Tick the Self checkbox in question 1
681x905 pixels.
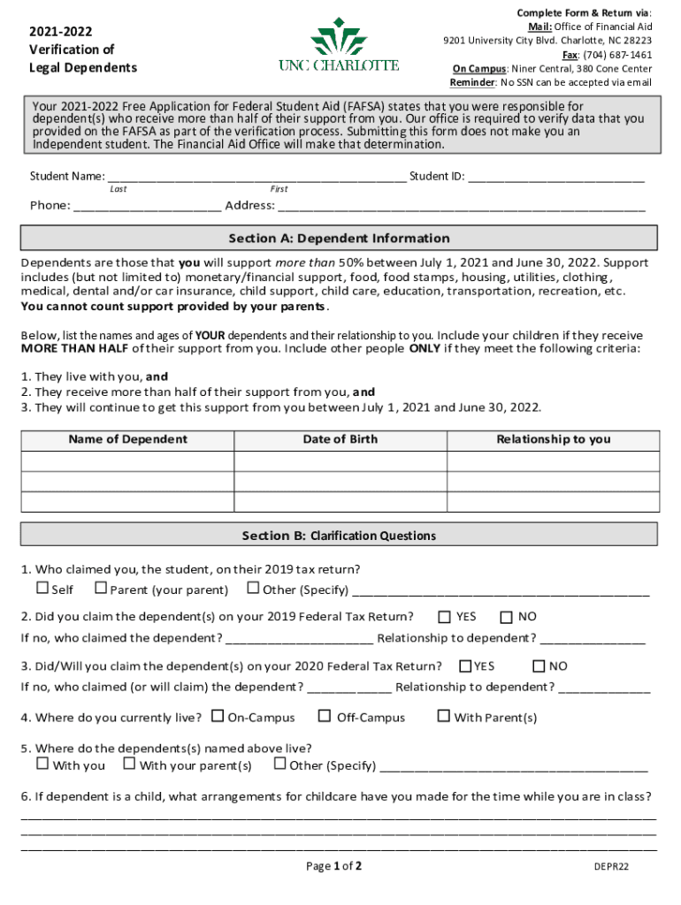42,589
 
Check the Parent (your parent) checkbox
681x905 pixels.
101,589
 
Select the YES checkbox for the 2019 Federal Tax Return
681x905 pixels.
444,616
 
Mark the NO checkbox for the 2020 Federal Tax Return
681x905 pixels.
539,665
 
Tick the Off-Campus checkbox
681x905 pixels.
325,716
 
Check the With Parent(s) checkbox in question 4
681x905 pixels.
444,716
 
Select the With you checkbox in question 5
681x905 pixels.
42,764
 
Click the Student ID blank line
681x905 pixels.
556,177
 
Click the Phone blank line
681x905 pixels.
147,207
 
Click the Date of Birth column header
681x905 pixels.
340,439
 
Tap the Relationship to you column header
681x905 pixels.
553,439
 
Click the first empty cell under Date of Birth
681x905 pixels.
340,461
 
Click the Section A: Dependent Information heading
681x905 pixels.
339,239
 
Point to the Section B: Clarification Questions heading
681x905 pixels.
339,536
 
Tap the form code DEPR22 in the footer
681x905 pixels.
611,867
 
